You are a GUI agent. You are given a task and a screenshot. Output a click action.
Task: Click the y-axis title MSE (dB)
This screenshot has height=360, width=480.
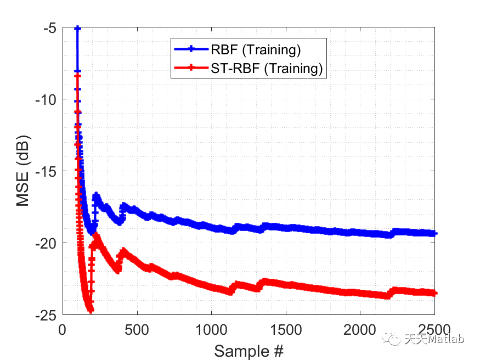point(22,171)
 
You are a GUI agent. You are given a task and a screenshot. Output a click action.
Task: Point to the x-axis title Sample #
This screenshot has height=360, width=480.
point(249,350)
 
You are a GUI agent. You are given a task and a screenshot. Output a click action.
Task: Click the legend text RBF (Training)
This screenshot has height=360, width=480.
point(256,50)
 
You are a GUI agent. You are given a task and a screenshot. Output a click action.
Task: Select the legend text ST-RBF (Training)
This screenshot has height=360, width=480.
point(266,68)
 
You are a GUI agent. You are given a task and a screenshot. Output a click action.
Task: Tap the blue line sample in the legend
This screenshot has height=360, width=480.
point(190,50)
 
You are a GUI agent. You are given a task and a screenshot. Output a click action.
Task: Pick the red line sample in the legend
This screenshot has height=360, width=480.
point(190,68)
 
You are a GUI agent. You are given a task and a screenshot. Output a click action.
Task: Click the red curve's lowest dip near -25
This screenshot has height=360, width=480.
point(90,310)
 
